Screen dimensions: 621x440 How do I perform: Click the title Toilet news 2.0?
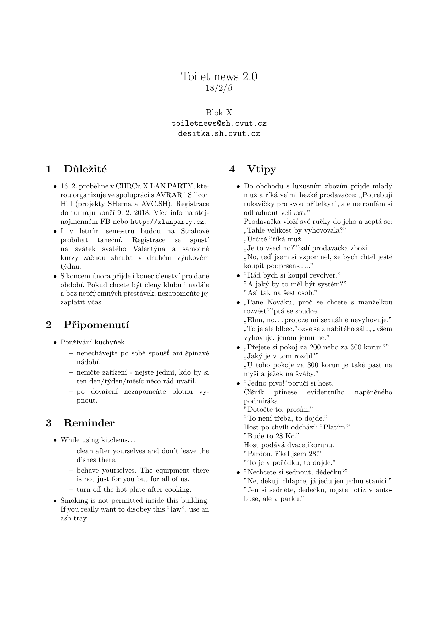point(219,76)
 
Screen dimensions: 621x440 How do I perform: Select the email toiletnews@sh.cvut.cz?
point(219,124)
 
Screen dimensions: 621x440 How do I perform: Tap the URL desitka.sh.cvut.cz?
point(219,134)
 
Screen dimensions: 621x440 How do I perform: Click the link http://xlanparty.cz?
point(168,222)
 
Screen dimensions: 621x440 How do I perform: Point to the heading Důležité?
point(85,169)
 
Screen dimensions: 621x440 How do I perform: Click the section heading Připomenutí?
point(96,325)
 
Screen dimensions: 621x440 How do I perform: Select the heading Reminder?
point(89,423)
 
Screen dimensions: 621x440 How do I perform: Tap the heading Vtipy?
point(261,169)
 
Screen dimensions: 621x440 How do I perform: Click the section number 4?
point(232,169)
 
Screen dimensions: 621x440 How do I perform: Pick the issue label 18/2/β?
point(219,88)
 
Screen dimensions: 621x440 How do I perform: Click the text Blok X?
point(219,113)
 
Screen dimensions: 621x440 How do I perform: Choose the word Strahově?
point(195,231)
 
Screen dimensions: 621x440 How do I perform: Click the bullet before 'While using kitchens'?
point(55,440)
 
